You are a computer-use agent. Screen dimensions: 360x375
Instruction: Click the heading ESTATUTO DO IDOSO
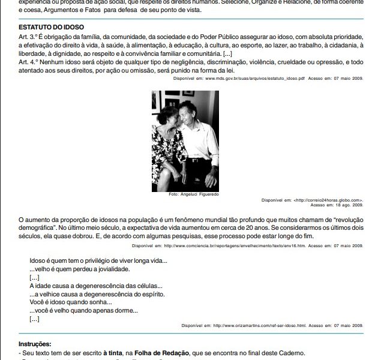click(51, 28)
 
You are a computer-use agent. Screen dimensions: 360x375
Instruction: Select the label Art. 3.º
click(29, 37)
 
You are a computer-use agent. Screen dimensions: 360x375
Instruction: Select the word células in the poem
click(152, 286)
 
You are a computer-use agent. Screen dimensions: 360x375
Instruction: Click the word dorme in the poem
click(126, 311)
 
